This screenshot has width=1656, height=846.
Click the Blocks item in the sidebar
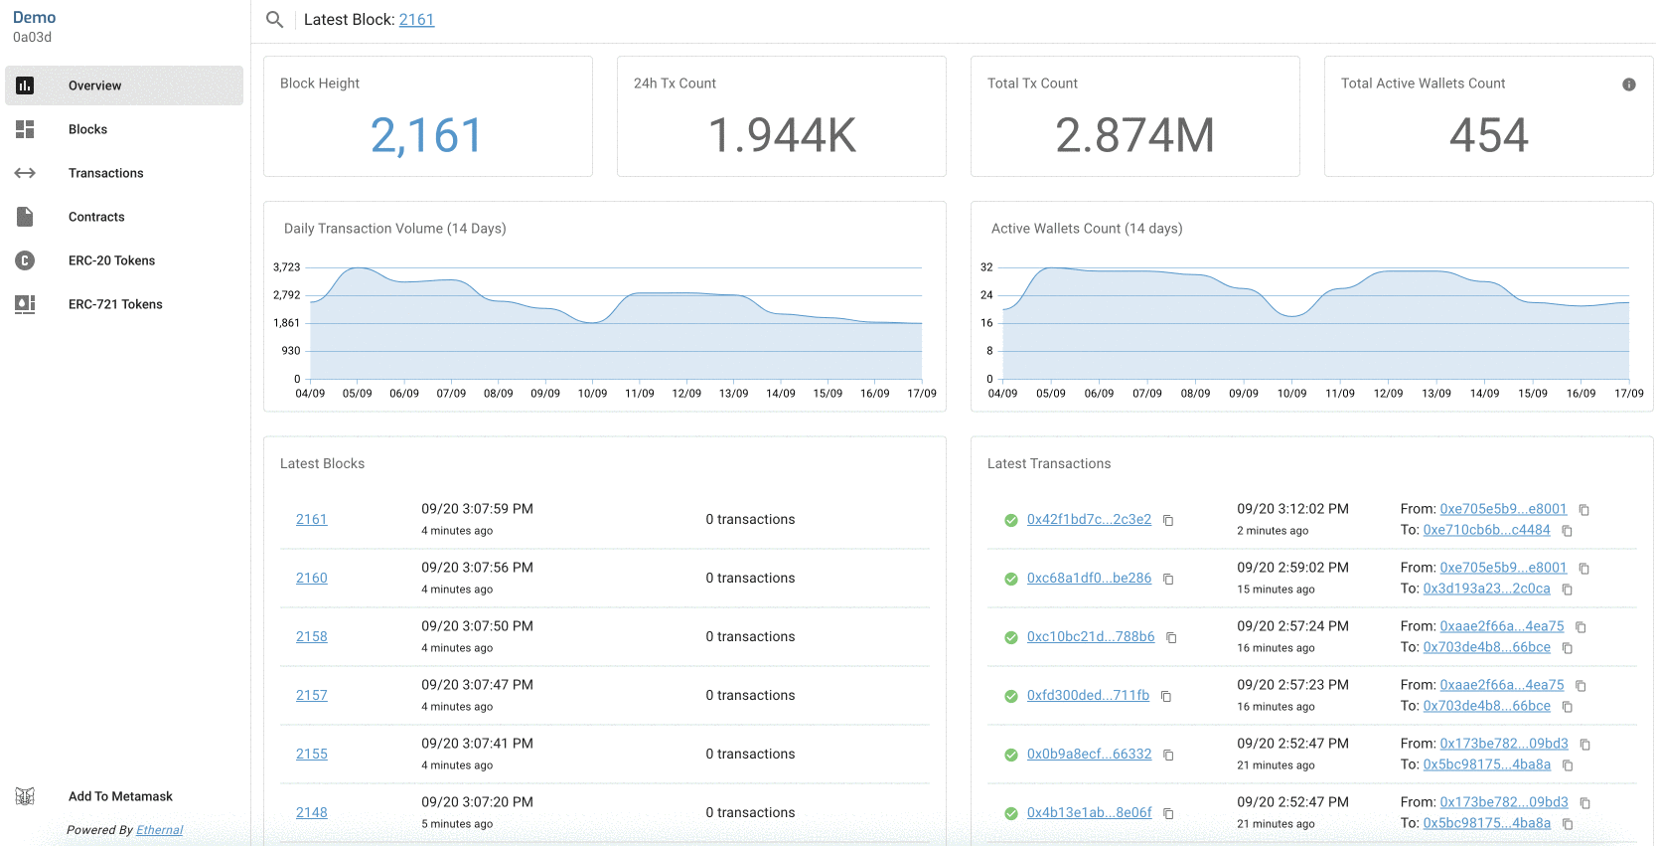tap(87, 129)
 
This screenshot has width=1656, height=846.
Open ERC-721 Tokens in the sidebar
tap(114, 304)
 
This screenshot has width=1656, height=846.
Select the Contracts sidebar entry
tap(96, 217)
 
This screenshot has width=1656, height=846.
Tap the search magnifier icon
tap(275, 20)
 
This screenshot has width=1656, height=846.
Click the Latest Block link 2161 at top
tap(416, 20)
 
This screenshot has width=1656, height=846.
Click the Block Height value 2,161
tap(426, 135)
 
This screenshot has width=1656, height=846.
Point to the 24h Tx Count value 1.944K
tap(781, 135)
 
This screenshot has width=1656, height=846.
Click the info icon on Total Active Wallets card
tap(1628, 85)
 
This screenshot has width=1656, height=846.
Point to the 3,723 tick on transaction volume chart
tap(286, 267)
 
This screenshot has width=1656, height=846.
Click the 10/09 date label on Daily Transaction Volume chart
tap(592, 394)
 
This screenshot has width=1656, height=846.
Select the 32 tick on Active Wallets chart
tap(986, 267)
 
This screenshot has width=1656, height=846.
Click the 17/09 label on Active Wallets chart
tap(1628, 394)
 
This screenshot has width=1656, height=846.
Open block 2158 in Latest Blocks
tap(311, 636)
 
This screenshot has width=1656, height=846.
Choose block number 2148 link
tap(311, 812)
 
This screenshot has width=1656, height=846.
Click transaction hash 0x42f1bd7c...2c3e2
tap(1089, 519)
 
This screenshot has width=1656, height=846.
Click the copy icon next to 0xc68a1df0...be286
tap(1168, 579)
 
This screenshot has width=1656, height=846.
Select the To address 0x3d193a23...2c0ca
tap(1486, 589)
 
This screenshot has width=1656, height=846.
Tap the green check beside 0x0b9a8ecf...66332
tap(1010, 756)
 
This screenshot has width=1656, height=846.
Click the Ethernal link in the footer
tap(159, 830)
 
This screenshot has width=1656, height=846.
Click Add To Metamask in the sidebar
tap(120, 796)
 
